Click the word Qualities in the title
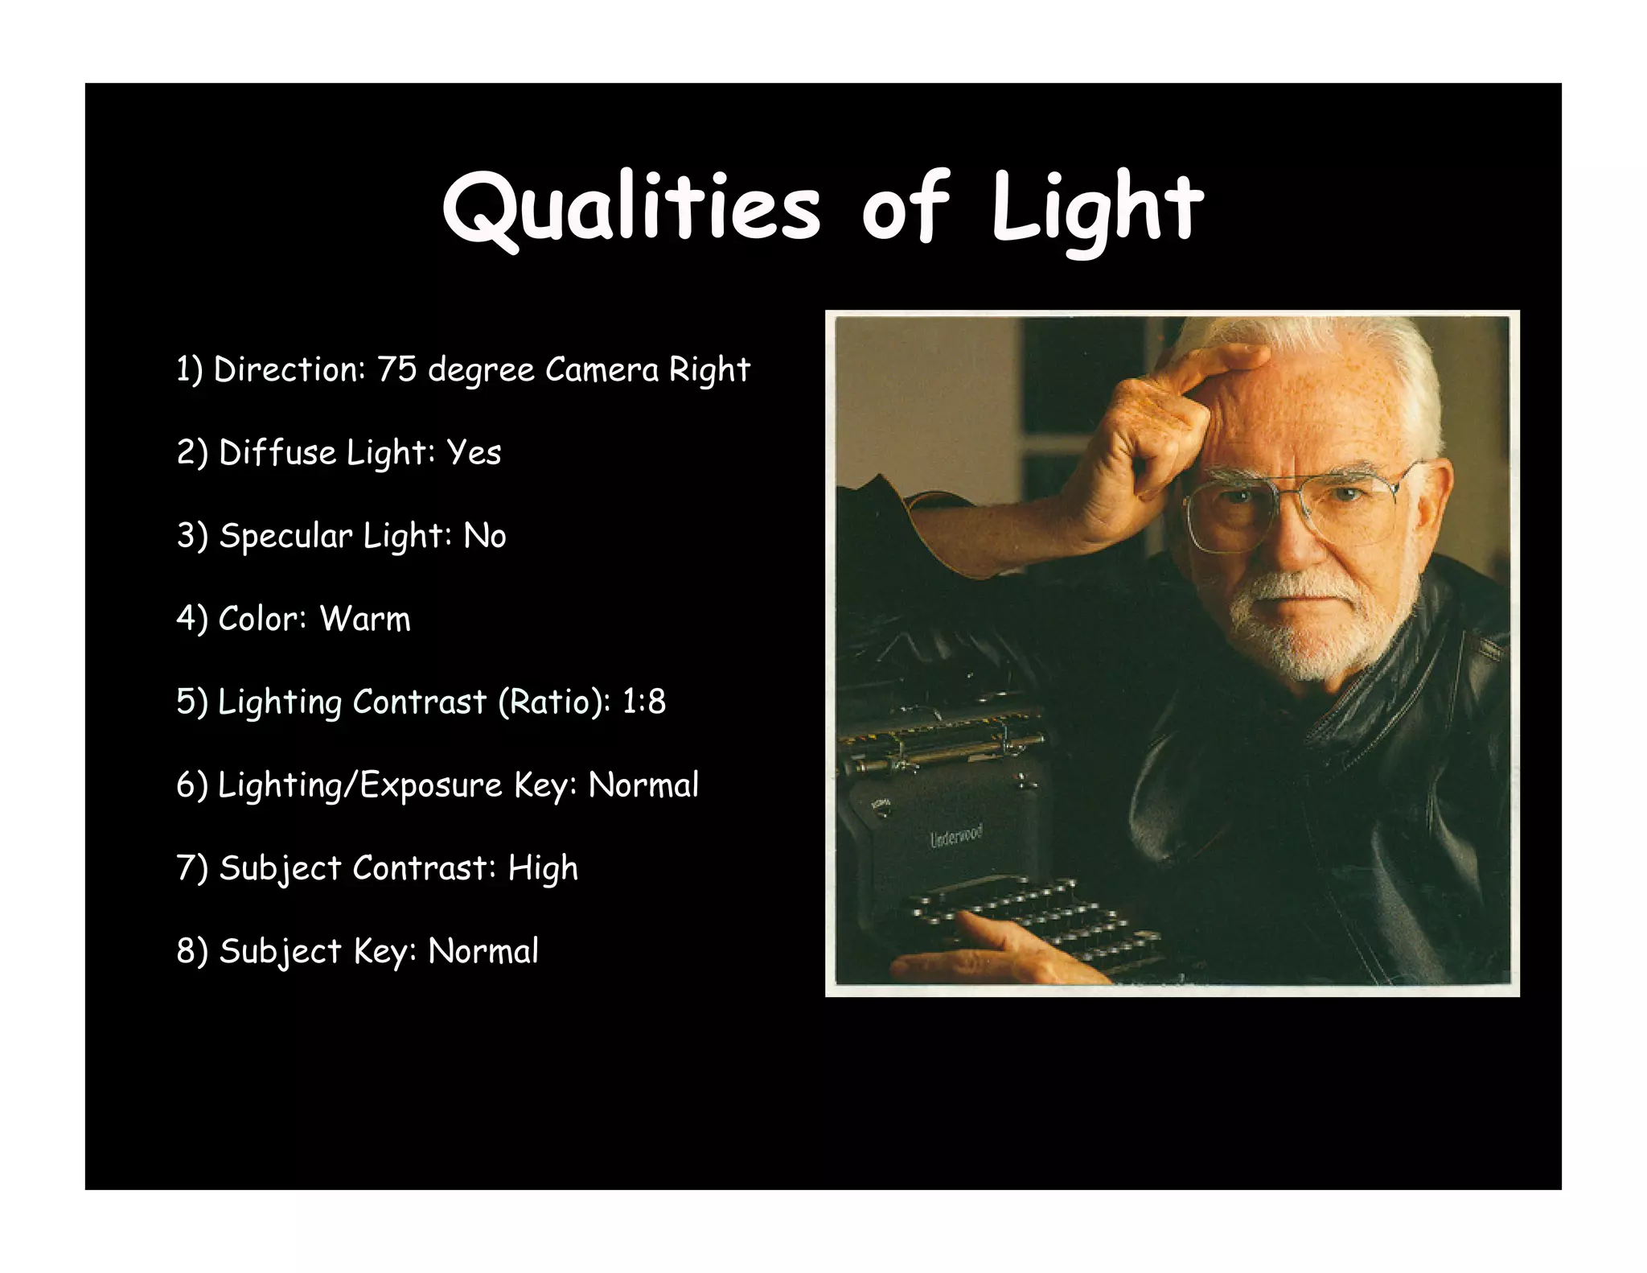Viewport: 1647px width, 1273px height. coord(632,208)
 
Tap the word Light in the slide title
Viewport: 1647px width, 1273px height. coord(1097,208)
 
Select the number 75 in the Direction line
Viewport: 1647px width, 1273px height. coord(397,369)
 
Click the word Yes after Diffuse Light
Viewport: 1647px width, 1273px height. coord(474,453)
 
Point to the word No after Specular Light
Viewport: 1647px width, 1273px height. coord(485,536)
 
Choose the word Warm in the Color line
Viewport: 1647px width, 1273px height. coord(365,619)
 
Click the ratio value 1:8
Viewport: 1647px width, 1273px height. coord(644,702)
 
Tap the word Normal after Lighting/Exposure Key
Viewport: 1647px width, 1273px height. coord(643,785)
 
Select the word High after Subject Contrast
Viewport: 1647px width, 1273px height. coord(543,868)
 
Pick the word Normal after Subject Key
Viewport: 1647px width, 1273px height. coord(483,951)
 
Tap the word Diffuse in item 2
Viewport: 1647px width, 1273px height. coord(277,453)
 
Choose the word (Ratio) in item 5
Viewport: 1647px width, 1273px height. coord(554,702)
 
